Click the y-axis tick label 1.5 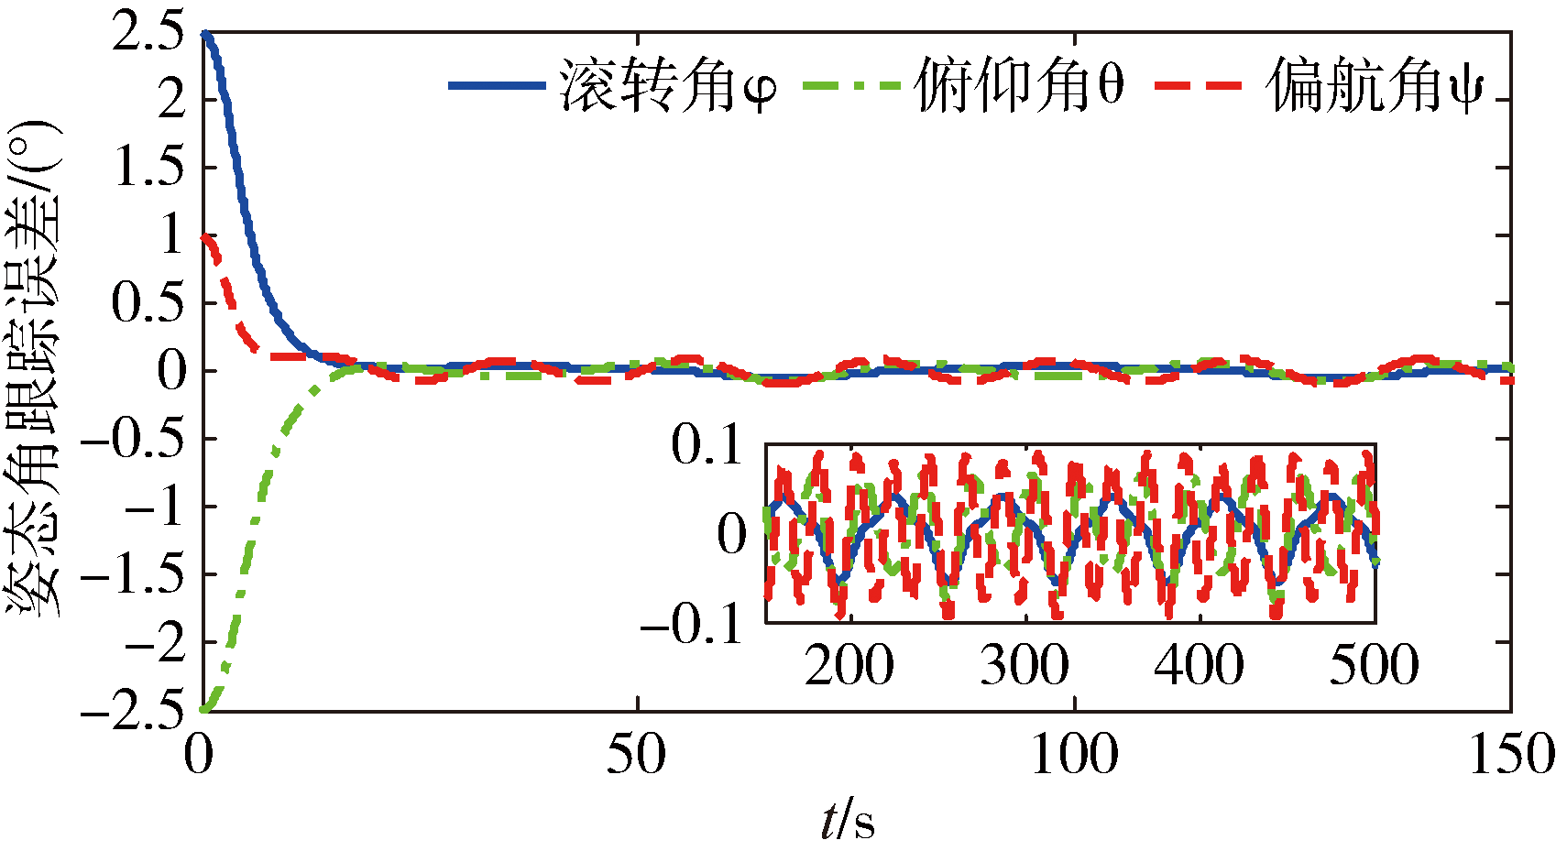(x=147, y=168)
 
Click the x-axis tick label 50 (x=637, y=756)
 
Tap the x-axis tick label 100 (x=1074, y=756)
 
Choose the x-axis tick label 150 (x=1510, y=756)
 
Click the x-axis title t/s (x=848, y=821)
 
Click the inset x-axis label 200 (x=849, y=665)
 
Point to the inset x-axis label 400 (x=1200, y=665)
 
